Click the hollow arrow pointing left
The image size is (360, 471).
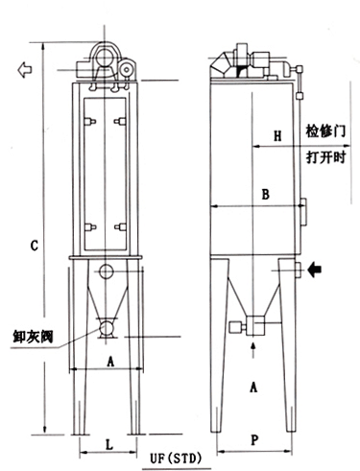coord(25,70)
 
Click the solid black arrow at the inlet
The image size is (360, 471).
coord(315,271)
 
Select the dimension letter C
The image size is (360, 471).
coord(35,246)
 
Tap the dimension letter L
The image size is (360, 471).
coord(109,444)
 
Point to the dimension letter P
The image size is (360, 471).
coord(254,440)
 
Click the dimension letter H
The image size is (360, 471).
coord(277,136)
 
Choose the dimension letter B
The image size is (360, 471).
coord(265,195)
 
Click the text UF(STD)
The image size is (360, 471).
coord(176,459)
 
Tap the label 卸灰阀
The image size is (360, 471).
coord(34,337)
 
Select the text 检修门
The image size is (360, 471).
coord(325,130)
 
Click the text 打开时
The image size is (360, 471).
coord(325,157)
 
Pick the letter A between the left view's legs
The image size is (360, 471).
coord(110,363)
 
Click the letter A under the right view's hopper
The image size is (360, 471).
coord(253,388)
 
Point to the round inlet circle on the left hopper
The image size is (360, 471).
coord(107,271)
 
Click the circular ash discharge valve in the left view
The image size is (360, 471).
coord(107,327)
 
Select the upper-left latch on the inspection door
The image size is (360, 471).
coord(90,121)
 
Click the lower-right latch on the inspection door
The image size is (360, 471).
coord(120,227)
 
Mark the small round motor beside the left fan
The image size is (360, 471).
coord(127,69)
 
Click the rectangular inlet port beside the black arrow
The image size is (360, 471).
coord(299,270)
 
